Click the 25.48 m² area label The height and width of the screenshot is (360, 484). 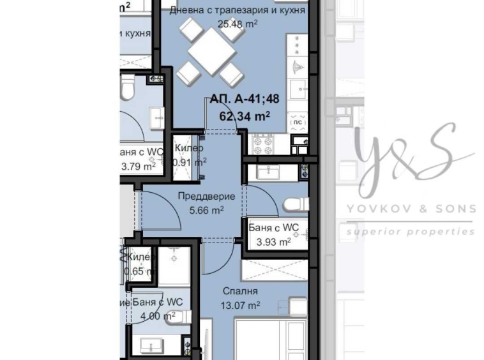tap(238, 24)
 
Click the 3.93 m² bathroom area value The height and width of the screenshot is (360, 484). tap(273, 241)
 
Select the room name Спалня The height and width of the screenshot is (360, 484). tap(240, 291)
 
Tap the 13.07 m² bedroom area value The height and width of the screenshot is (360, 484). tap(240, 304)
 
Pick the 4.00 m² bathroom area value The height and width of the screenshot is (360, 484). tap(157, 315)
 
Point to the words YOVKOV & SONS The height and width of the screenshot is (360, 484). tap(411, 208)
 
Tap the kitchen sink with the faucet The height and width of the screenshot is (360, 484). tap(298, 67)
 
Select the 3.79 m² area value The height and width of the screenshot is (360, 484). tap(138, 167)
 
